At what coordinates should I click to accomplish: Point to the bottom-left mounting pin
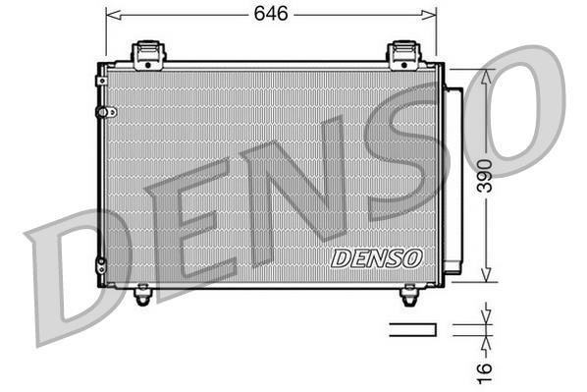144,292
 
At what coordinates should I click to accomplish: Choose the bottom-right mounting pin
410,292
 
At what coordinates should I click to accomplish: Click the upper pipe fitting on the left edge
100,112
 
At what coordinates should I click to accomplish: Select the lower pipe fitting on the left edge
100,262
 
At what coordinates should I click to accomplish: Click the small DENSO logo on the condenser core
376,257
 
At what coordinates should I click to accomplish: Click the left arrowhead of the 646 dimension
110,15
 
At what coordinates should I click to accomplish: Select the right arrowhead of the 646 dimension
431,15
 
